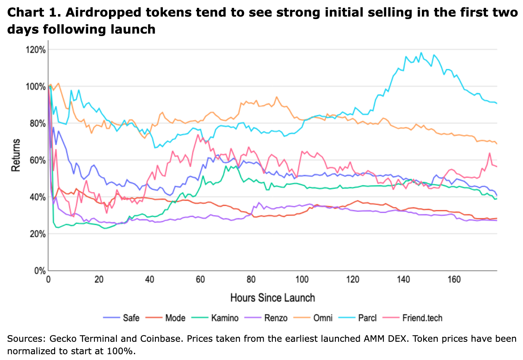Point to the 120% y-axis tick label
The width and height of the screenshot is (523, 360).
(x=36, y=50)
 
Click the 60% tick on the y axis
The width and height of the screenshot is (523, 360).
(x=37, y=160)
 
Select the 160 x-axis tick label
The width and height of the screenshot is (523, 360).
(x=454, y=279)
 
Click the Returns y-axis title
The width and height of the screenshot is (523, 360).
(x=15, y=156)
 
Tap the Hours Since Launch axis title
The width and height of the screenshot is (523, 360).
(x=272, y=297)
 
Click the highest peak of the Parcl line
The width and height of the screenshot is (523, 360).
(x=421, y=53)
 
